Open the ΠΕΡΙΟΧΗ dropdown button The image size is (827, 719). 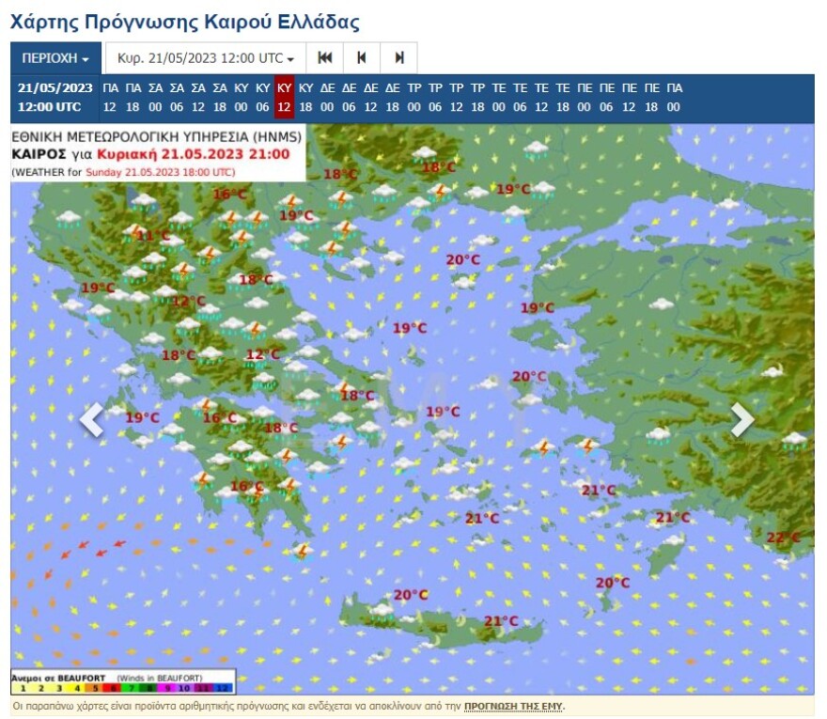(x=55, y=58)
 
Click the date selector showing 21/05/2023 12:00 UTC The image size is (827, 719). (x=205, y=58)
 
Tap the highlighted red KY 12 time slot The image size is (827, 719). (x=284, y=97)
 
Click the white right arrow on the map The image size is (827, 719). (x=742, y=420)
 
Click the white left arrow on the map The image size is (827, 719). (x=91, y=420)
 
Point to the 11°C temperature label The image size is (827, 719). (x=153, y=236)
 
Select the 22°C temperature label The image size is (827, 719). (x=783, y=538)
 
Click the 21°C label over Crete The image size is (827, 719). (x=501, y=621)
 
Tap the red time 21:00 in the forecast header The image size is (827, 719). (x=270, y=154)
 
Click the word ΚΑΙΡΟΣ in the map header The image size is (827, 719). (x=39, y=154)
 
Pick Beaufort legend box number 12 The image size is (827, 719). (x=223, y=688)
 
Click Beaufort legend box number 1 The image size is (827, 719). (x=23, y=688)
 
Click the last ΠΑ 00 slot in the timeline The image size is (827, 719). (x=674, y=97)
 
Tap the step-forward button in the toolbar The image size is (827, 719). (x=398, y=58)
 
